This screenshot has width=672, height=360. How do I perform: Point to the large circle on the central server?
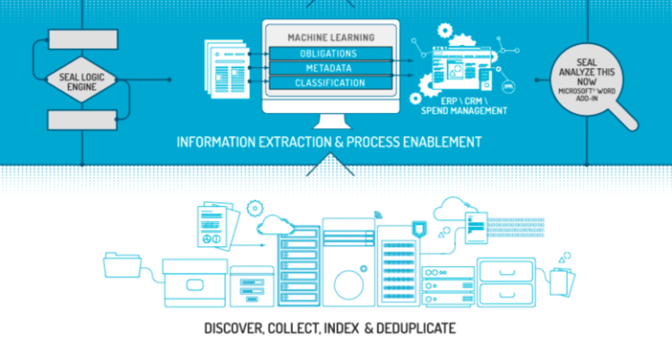coord(349,286)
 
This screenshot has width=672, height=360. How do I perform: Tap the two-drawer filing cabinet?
coord(509,281)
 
